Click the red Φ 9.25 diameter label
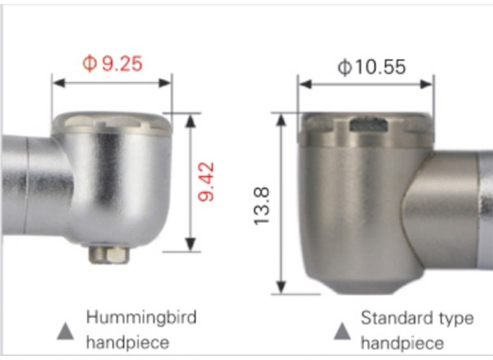point(113,64)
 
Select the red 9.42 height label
point(206,182)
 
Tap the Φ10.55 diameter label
point(371,67)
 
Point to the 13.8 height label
point(261,206)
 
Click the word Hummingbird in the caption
point(141,317)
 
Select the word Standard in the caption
point(398,318)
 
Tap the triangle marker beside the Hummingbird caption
point(66,331)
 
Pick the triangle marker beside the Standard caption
point(342,331)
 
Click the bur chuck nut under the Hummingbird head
point(109,254)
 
